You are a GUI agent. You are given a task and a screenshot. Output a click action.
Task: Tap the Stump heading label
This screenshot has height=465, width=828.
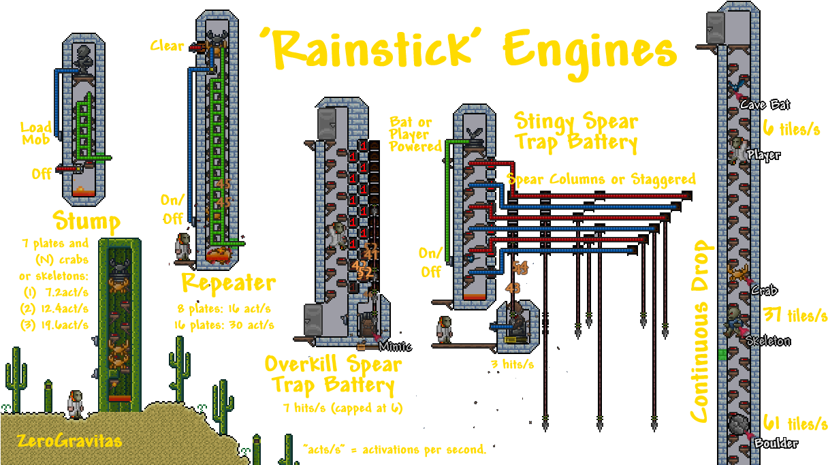[x=86, y=222]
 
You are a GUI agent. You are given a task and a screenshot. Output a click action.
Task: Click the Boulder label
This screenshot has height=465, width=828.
[x=775, y=444]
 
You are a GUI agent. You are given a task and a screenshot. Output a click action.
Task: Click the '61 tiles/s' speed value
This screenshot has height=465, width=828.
[x=793, y=423]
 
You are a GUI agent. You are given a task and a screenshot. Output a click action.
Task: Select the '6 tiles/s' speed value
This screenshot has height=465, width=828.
[x=791, y=128]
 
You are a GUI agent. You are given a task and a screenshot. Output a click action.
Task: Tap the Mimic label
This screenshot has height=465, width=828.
[x=396, y=346]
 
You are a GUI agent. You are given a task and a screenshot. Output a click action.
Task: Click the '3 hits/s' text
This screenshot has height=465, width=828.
[x=512, y=364]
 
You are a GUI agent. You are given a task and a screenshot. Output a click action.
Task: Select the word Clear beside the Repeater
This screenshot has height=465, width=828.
[x=168, y=46]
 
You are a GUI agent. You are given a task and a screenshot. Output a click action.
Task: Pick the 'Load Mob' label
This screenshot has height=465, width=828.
[x=36, y=133]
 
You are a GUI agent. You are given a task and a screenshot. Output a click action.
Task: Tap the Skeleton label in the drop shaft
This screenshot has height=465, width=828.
[x=767, y=341]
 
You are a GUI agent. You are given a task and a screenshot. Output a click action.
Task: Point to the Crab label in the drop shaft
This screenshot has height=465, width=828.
[x=765, y=290]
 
